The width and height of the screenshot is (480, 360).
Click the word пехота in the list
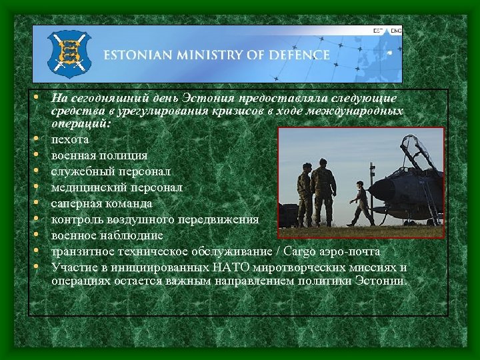click(x=70, y=139)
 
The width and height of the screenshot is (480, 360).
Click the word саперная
click(x=77, y=203)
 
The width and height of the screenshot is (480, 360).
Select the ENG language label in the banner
click(x=396, y=31)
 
